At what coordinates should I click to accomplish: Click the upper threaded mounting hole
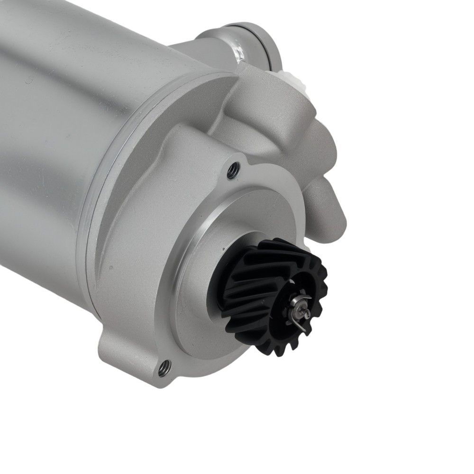232,171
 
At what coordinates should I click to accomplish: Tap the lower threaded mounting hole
164,366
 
